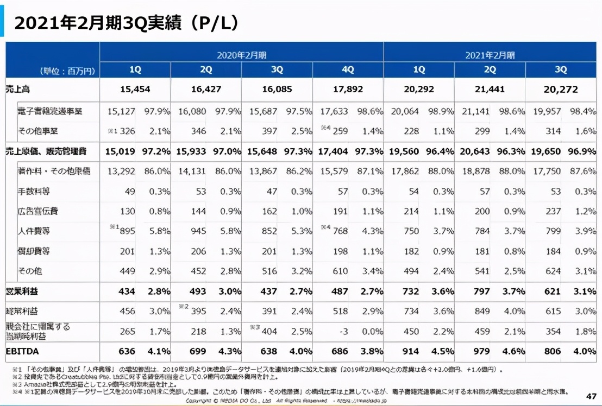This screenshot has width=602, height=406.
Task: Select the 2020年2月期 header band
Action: (241, 55)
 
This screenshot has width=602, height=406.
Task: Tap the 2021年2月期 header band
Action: (490, 55)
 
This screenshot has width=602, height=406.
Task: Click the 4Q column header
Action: (348, 70)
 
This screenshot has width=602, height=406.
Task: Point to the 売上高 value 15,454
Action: (135, 90)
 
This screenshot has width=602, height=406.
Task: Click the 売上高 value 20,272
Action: (560, 90)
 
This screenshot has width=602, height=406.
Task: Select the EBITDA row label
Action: (23, 351)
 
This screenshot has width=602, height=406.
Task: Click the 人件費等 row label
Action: (34, 231)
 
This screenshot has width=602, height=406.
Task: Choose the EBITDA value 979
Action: (482, 351)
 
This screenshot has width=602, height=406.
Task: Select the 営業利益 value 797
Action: (482, 291)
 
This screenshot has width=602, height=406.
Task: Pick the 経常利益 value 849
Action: (482, 311)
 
